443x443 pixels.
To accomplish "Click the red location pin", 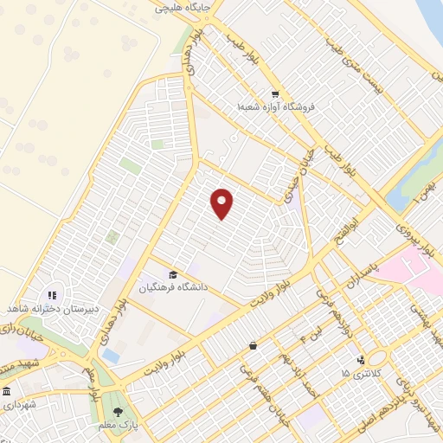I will click(222, 203).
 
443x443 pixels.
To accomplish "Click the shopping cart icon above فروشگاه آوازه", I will click(275, 94).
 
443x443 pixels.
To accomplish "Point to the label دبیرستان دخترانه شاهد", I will click(52, 309).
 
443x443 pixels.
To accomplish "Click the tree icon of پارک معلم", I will click(118, 411).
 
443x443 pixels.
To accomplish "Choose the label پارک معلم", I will click(119, 427).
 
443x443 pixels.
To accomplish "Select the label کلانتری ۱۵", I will click(357, 374).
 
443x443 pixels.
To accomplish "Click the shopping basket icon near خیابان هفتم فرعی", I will click(253, 346).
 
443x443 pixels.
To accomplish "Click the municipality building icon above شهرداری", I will click(6, 391).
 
